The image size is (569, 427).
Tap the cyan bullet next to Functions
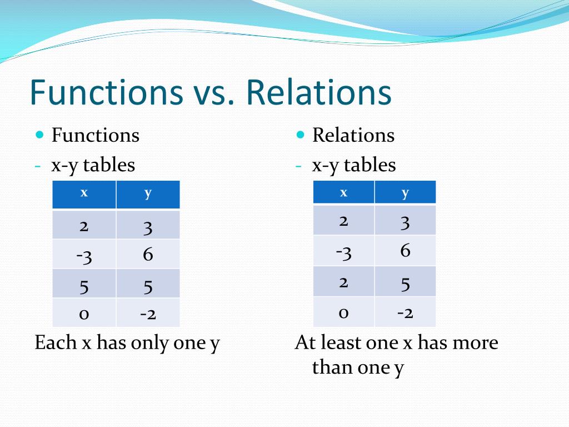click(x=39, y=135)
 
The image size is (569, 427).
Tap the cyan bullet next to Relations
click(x=300, y=135)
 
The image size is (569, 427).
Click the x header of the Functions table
click(x=84, y=195)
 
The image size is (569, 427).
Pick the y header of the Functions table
click(x=148, y=195)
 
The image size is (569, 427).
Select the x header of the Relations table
click(x=343, y=192)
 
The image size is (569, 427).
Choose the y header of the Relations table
click(x=405, y=192)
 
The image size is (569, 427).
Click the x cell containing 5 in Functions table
click(x=84, y=284)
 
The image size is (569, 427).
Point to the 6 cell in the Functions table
click(x=148, y=254)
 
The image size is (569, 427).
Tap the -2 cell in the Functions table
click(x=148, y=312)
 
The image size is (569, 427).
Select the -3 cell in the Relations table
click(x=343, y=251)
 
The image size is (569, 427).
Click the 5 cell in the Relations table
click(x=405, y=281)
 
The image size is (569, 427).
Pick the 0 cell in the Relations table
click(x=343, y=312)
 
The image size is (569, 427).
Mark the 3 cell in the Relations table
click(x=405, y=220)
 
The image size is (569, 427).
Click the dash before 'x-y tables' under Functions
click(x=38, y=166)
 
